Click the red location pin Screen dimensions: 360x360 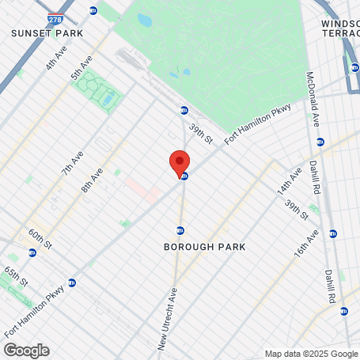180,162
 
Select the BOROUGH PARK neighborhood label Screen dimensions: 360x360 204,247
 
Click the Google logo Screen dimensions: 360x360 26,350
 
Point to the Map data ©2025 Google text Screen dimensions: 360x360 310,354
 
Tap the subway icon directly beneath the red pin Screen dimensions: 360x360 184,176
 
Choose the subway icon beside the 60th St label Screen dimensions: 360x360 32,253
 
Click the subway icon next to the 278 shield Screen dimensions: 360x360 93,10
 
